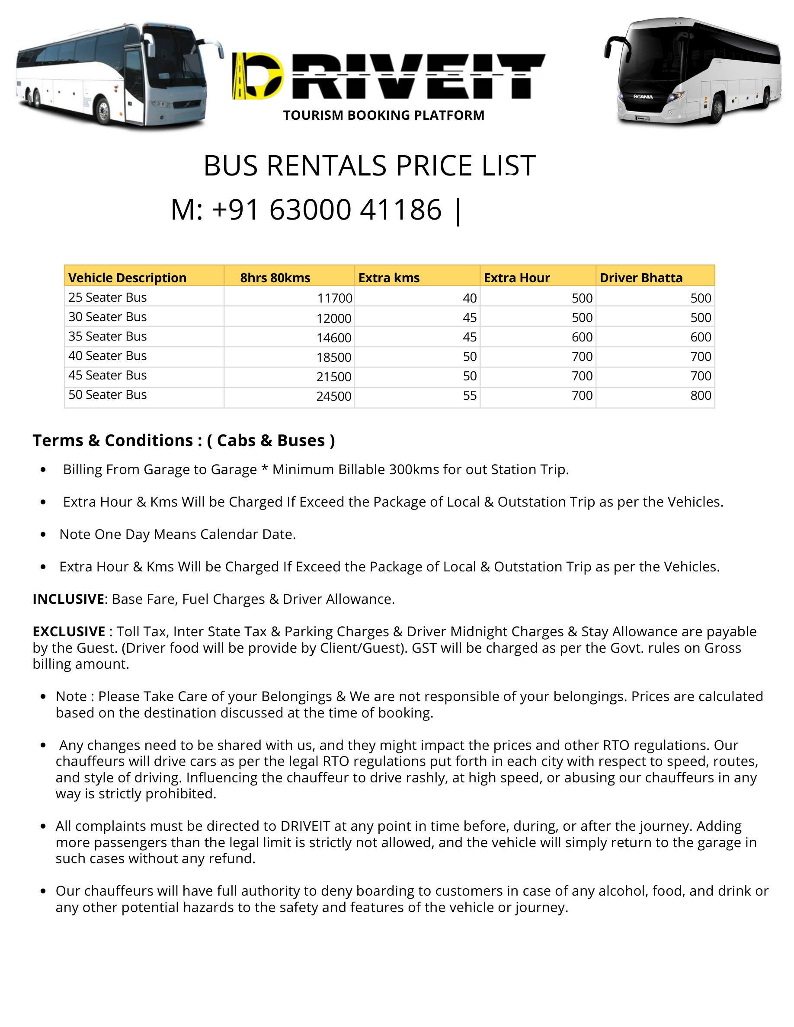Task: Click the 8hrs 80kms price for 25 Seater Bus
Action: (334, 298)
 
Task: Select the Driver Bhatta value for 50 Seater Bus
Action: (701, 395)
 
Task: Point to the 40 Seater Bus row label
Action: (108, 356)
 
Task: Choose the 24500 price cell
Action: (333, 396)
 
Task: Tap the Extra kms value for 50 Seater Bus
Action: (470, 395)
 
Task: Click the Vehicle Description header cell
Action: (128, 278)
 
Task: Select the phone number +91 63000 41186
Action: (306, 210)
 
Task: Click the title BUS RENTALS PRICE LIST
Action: (369, 166)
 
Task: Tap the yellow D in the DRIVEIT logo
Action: (258, 76)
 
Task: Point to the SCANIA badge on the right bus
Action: (643, 97)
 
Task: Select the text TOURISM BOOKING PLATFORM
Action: (383, 115)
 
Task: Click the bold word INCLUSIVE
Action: (68, 599)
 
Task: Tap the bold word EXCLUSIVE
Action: (69, 632)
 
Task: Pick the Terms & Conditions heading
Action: (183, 440)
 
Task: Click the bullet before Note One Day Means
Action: (43, 535)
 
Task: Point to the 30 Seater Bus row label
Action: (108, 317)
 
